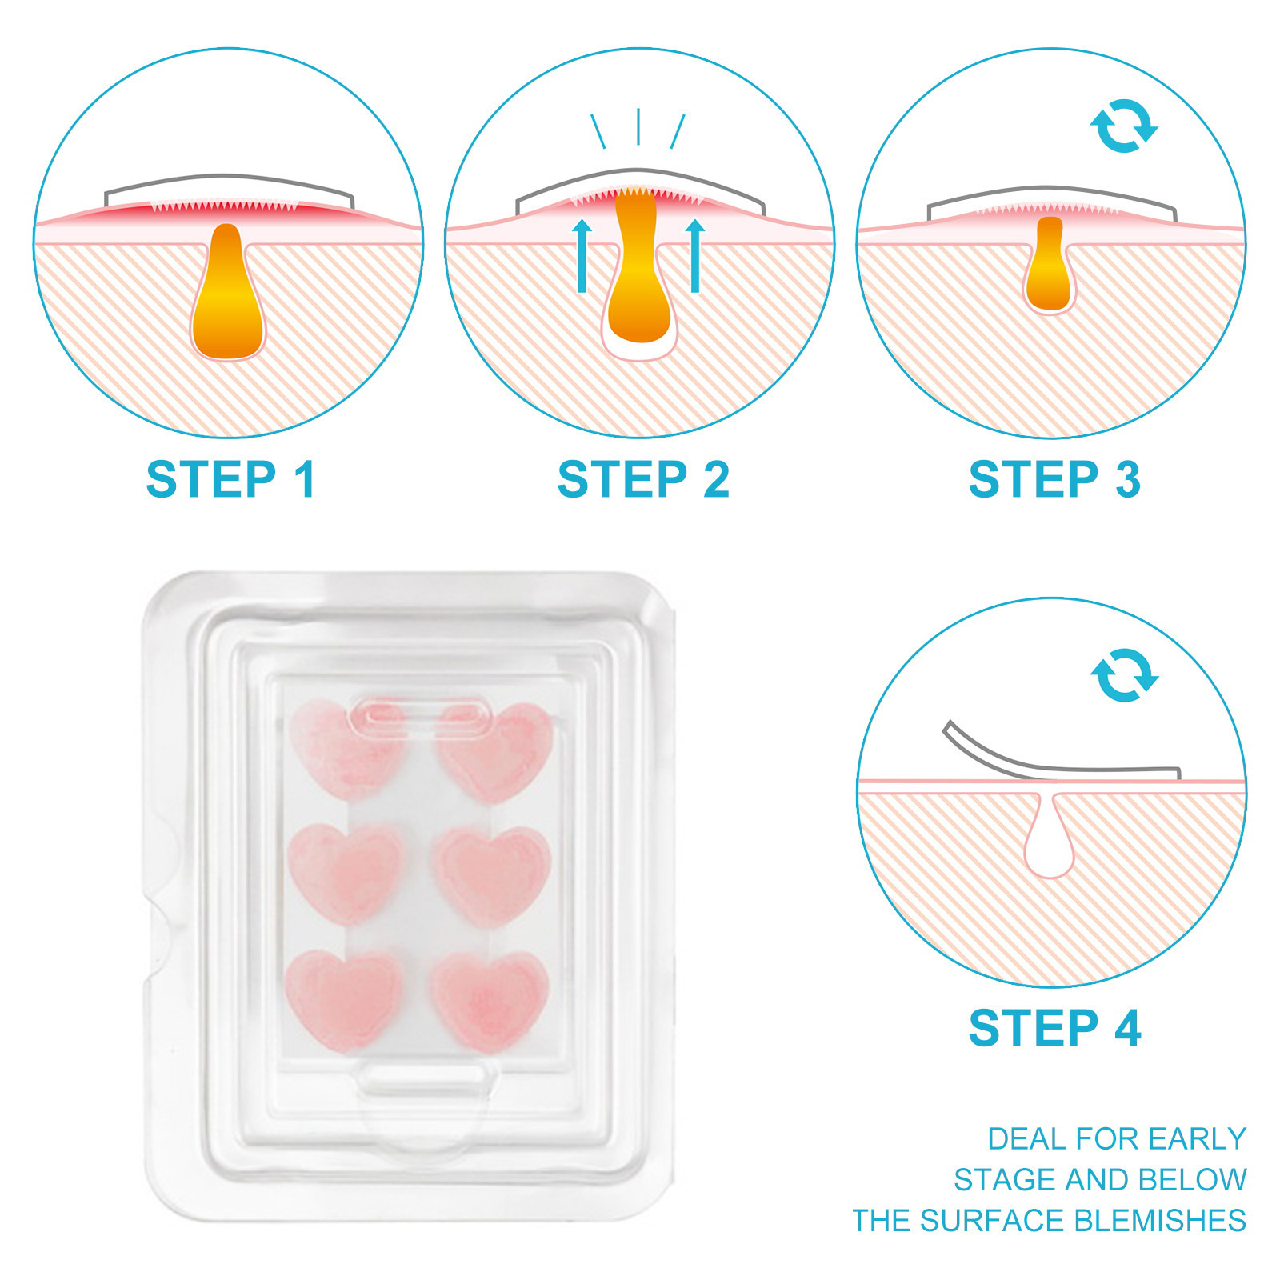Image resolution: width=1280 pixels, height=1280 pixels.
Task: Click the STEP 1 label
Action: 230,479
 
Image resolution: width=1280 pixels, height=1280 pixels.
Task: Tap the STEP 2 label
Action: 643,479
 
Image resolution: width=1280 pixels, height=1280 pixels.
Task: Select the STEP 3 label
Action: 1054,479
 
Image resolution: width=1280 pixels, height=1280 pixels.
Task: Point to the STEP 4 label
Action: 1054,1028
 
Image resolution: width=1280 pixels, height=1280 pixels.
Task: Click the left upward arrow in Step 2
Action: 582,256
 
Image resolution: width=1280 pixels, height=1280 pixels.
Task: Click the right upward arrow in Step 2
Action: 695,256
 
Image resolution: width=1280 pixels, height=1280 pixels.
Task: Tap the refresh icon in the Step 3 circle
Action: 1124,126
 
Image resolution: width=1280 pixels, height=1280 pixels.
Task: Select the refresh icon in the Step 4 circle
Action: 1124,675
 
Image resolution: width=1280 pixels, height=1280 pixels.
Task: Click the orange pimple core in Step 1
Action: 228,296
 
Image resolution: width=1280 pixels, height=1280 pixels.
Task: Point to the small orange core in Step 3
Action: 1049,264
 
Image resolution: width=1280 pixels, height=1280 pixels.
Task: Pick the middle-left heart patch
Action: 346,874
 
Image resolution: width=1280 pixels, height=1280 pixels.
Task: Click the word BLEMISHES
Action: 1159,1221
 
